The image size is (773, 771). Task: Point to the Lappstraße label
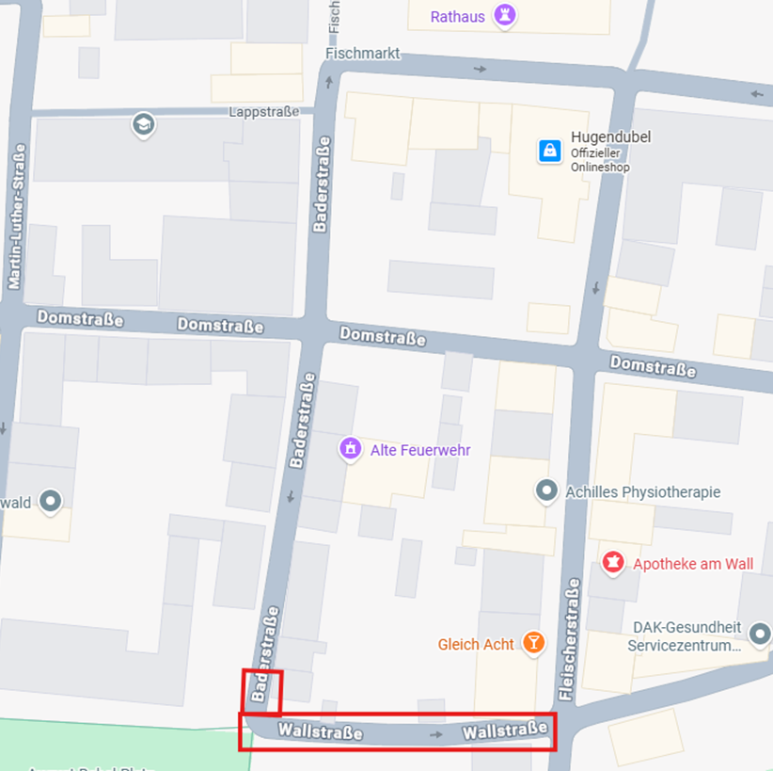tap(263, 112)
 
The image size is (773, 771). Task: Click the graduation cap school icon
tap(143, 125)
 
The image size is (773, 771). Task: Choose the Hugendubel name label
tap(610, 137)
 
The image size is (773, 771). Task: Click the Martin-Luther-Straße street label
tap(15, 216)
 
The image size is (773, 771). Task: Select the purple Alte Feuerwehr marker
tap(350, 449)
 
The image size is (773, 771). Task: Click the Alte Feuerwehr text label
tap(420, 450)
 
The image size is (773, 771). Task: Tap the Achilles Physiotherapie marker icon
tap(546, 490)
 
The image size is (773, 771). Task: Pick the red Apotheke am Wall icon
tap(613, 563)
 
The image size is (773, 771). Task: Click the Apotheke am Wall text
tap(693, 564)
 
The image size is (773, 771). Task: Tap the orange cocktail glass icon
tap(533, 643)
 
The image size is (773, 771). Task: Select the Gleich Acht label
tap(476, 645)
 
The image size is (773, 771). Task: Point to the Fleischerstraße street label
tap(569, 640)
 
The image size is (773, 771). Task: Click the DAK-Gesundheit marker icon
tap(759, 634)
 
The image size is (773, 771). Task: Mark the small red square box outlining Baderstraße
tap(262, 692)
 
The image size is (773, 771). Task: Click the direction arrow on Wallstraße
tap(435, 733)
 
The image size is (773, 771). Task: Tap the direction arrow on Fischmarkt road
tap(481, 69)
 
